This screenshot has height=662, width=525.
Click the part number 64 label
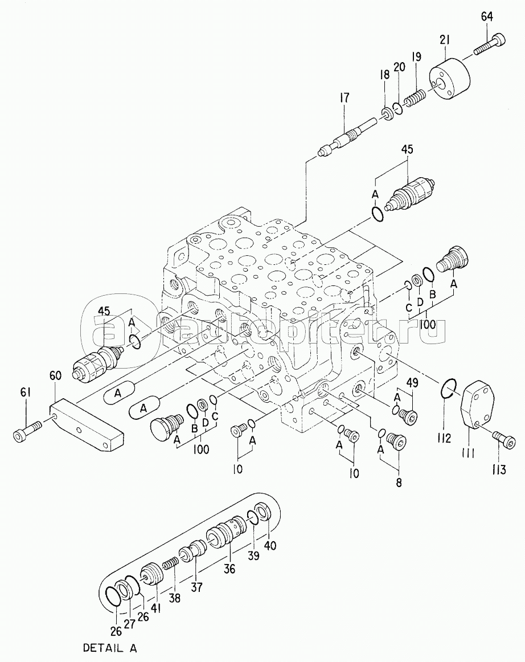pyautogui.click(x=487, y=17)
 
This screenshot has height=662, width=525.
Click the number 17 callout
pyautogui.click(x=344, y=98)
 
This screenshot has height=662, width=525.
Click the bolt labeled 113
pyautogui.click(x=504, y=439)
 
